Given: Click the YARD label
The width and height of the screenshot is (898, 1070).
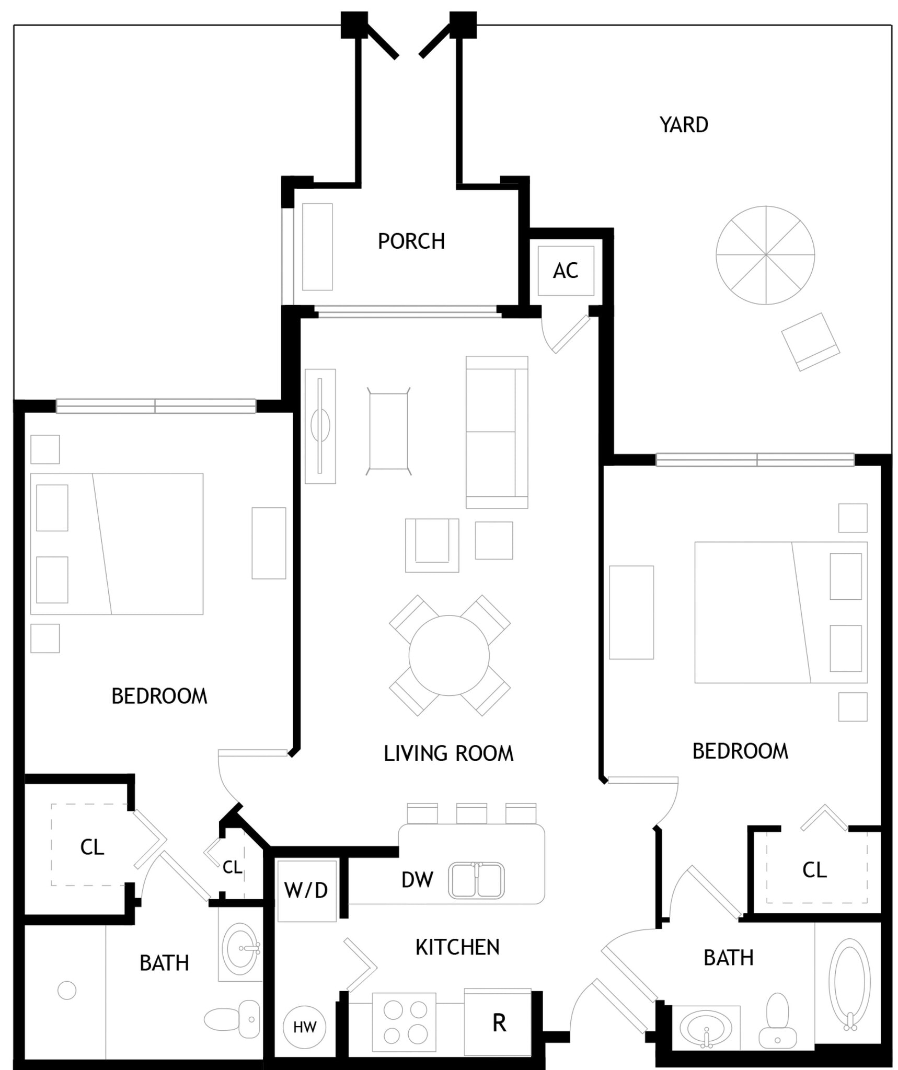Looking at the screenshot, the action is [684, 125].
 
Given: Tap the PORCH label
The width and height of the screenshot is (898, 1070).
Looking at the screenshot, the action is [411, 241].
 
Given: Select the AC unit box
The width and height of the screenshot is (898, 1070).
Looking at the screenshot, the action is [566, 271].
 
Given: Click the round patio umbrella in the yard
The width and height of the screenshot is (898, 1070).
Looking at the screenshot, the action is [765, 255].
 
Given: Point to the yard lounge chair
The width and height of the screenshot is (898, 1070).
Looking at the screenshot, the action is [811, 342].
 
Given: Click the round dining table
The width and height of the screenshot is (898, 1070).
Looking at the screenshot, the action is [449, 655].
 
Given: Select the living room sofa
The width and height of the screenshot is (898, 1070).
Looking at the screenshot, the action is [497, 432].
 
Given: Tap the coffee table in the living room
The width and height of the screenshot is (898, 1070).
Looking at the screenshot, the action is [388, 432].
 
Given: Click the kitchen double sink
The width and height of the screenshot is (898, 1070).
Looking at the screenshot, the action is [476, 880].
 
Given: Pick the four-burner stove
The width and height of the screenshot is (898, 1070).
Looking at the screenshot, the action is [404, 1022].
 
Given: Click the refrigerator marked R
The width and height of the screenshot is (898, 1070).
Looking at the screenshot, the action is [498, 1022].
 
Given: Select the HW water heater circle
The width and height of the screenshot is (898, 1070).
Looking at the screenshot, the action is [304, 1027].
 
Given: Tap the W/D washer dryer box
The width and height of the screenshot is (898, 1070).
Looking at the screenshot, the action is [307, 890].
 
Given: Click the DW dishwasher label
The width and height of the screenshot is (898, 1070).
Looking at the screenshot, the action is [417, 880].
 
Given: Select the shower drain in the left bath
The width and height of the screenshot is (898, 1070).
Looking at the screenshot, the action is [67, 990].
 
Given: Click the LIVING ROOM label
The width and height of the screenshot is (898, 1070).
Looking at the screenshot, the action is [448, 754].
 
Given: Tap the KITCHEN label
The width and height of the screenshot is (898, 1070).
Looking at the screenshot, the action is [457, 947].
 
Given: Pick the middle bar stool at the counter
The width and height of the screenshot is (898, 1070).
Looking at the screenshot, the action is [471, 813].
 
